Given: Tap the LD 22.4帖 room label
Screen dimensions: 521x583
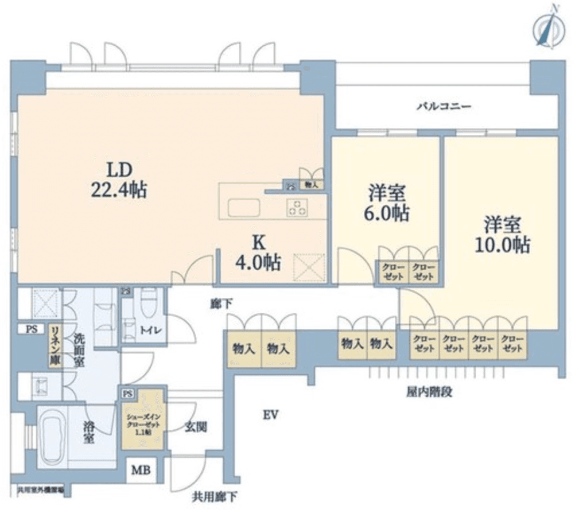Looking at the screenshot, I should [119, 179].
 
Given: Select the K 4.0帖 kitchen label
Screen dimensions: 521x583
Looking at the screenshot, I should [258, 254].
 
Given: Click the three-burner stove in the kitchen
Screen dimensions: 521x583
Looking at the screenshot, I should [297, 207].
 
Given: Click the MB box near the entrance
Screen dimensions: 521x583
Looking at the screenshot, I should [141, 471].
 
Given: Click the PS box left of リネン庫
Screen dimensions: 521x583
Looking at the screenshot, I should [30, 329].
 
